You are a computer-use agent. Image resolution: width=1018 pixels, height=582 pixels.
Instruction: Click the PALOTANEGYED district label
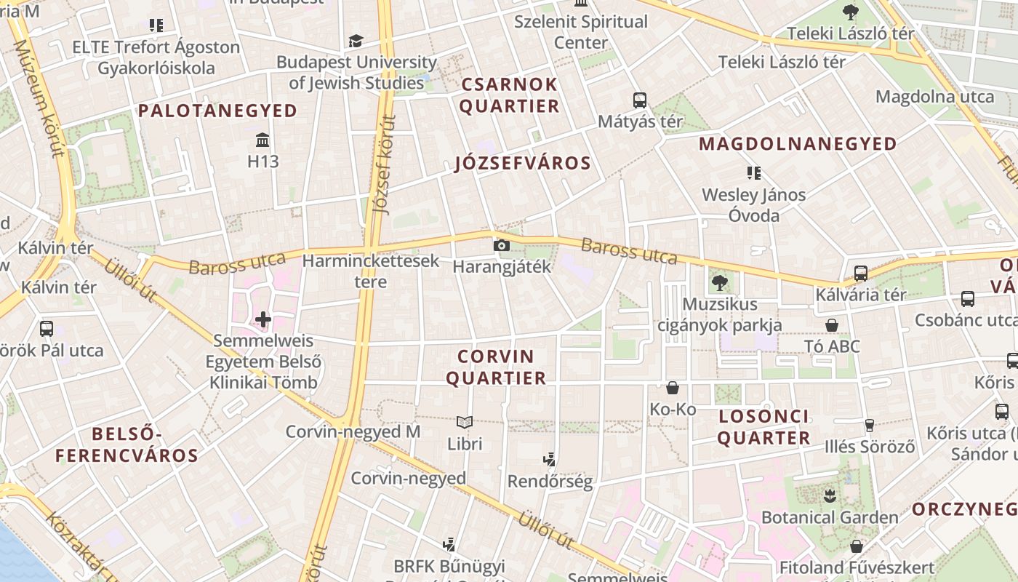pyautogui.click(x=217, y=111)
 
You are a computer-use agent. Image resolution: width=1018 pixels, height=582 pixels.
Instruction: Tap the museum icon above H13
pyautogui.click(x=262, y=139)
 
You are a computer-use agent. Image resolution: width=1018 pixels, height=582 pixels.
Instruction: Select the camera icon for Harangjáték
pyautogui.click(x=501, y=245)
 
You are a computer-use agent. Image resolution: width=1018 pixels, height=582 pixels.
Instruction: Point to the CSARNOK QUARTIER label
pyautogui.click(x=509, y=95)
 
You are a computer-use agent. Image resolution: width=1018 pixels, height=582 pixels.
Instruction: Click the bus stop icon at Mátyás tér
pyautogui.click(x=640, y=100)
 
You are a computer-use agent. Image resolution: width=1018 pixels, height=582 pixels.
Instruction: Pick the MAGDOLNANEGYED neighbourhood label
pyautogui.click(x=798, y=144)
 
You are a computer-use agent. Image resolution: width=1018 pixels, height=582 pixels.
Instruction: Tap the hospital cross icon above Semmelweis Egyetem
pyautogui.click(x=263, y=319)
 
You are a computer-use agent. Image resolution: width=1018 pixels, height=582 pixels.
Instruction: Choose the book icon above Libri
pyautogui.click(x=464, y=422)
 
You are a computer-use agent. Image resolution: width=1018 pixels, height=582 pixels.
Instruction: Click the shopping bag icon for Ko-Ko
pyautogui.click(x=673, y=388)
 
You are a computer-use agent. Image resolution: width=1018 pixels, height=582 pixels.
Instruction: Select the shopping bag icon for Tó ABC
pyautogui.click(x=832, y=324)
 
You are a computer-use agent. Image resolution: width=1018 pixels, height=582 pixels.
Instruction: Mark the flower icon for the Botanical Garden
pyautogui.click(x=830, y=496)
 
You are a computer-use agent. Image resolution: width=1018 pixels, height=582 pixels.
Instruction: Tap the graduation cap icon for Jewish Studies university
pyautogui.click(x=356, y=41)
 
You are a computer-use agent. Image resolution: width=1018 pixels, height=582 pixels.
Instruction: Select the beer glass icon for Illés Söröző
pyautogui.click(x=869, y=425)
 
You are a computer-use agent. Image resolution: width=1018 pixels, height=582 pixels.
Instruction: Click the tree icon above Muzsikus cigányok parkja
pyautogui.click(x=720, y=282)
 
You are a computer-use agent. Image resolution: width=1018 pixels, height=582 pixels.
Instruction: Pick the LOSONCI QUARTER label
pyautogui.click(x=763, y=427)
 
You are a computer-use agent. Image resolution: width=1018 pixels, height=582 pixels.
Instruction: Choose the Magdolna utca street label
pyautogui.click(x=934, y=97)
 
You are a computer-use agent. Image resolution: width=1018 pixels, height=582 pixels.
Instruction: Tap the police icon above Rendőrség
pyautogui.click(x=550, y=459)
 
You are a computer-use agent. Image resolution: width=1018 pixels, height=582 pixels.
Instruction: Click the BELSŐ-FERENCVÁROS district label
pyautogui.click(x=127, y=445)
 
